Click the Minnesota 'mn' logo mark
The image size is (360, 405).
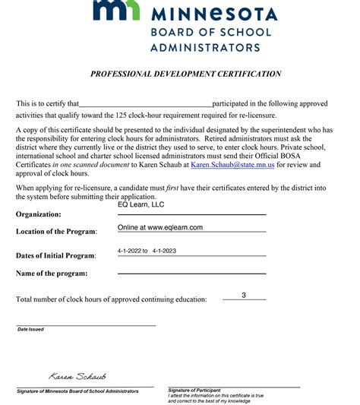115,11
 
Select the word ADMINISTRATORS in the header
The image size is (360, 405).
205,47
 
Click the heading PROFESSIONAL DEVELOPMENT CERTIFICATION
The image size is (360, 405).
186,74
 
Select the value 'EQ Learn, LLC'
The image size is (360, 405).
141,204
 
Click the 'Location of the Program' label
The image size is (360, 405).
56,232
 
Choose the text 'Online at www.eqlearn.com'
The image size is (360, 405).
160,227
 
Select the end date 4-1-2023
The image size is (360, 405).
165,251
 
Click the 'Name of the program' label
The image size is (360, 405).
52,274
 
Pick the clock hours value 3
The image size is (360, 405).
244,295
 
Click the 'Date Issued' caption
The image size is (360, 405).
31,330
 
